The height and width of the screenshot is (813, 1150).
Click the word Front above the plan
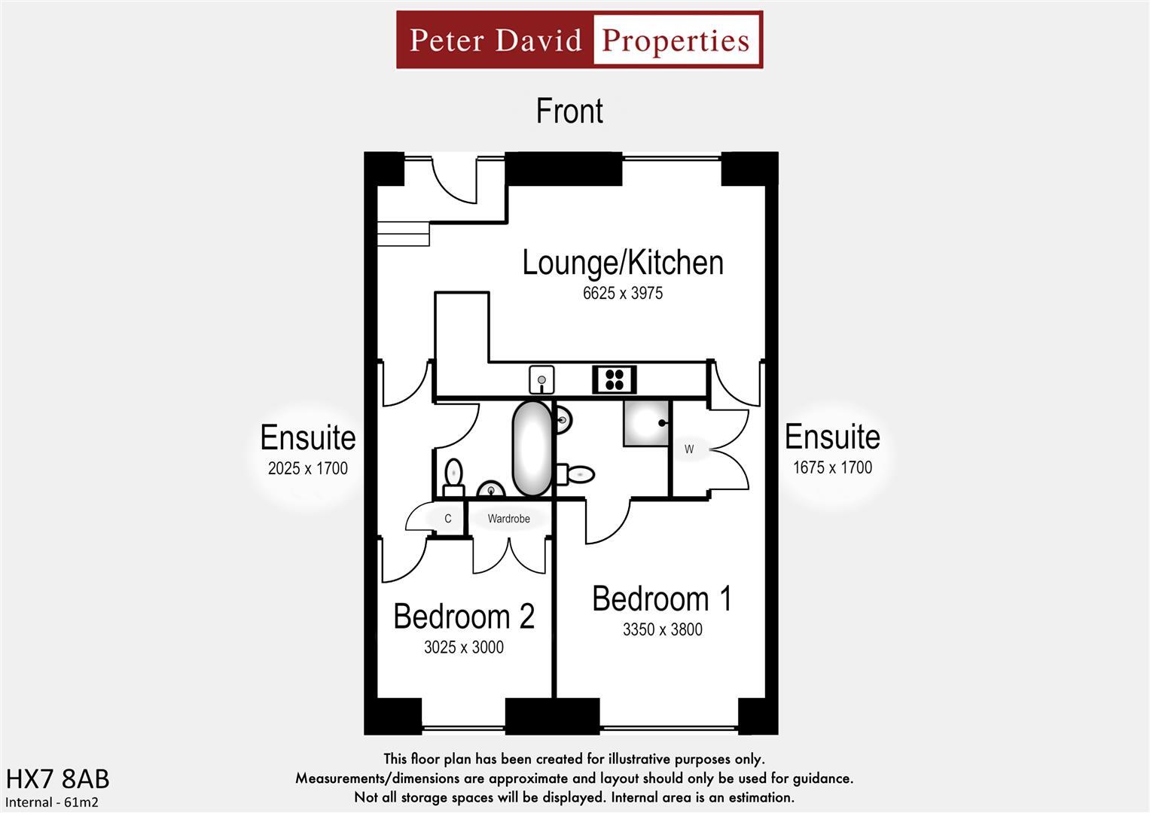[569, 111]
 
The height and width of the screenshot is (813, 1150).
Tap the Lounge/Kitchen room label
[622, 263]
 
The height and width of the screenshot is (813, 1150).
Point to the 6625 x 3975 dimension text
[622, 294]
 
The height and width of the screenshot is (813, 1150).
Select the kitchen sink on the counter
[541, 380]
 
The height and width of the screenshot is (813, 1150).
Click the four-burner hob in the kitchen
[614, 379]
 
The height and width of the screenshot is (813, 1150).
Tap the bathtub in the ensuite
[532, 449]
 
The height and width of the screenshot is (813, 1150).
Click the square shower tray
[646, 423]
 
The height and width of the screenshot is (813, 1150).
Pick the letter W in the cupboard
[689, 449]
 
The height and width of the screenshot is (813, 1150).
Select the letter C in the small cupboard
[447, 519]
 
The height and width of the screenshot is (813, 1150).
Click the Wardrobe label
[508, 519]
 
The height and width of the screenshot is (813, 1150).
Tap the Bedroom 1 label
[661, 599]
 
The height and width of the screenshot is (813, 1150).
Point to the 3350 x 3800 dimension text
[662, 630]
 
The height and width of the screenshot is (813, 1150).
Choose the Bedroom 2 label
[463, 617]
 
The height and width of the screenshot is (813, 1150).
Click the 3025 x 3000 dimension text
[463, 647]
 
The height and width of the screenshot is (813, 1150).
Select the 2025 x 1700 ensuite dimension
[307, 468]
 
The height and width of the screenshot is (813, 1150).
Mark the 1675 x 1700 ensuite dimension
[832, 467]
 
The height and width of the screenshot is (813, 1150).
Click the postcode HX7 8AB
[57, 779]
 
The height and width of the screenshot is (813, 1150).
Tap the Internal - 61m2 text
[52, 802]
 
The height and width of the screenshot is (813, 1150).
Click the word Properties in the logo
[676, 40]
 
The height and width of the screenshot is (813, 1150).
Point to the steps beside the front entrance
[403, 234]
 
